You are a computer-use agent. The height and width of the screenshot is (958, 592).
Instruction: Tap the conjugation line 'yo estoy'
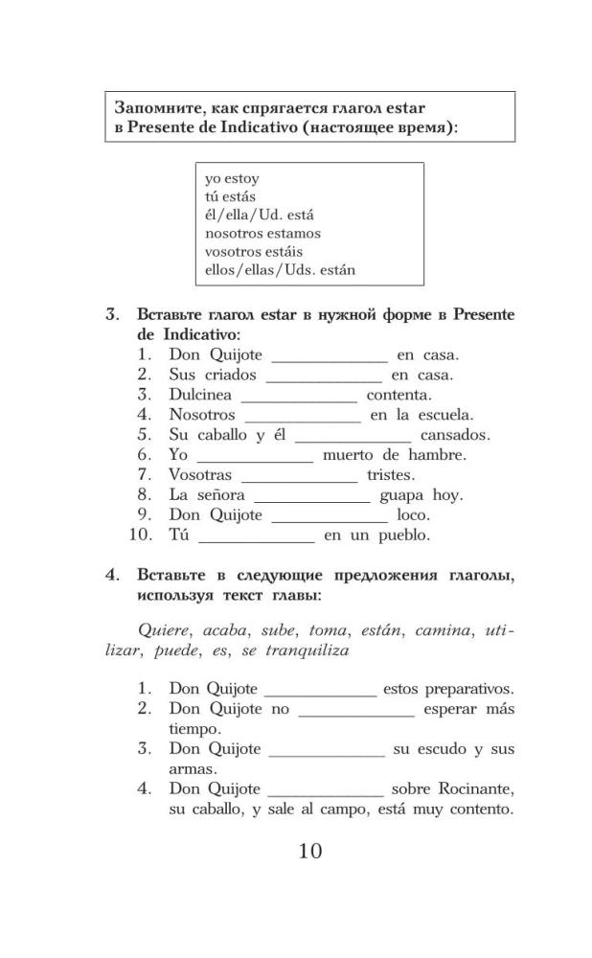(x=232, y=178)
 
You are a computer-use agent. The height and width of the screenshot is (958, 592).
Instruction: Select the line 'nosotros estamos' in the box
(x=262, y=233)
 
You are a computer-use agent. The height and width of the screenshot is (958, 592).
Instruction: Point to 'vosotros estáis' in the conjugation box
(x=254, y=251)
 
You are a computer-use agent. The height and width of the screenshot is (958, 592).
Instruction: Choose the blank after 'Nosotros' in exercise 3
(x=303, y=416)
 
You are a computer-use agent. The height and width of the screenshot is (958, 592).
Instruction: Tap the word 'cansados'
(x=455, y=435)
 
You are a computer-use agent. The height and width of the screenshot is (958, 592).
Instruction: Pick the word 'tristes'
(x=390, y=475)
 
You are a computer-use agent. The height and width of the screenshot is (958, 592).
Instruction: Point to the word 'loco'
(x=413, y=515)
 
